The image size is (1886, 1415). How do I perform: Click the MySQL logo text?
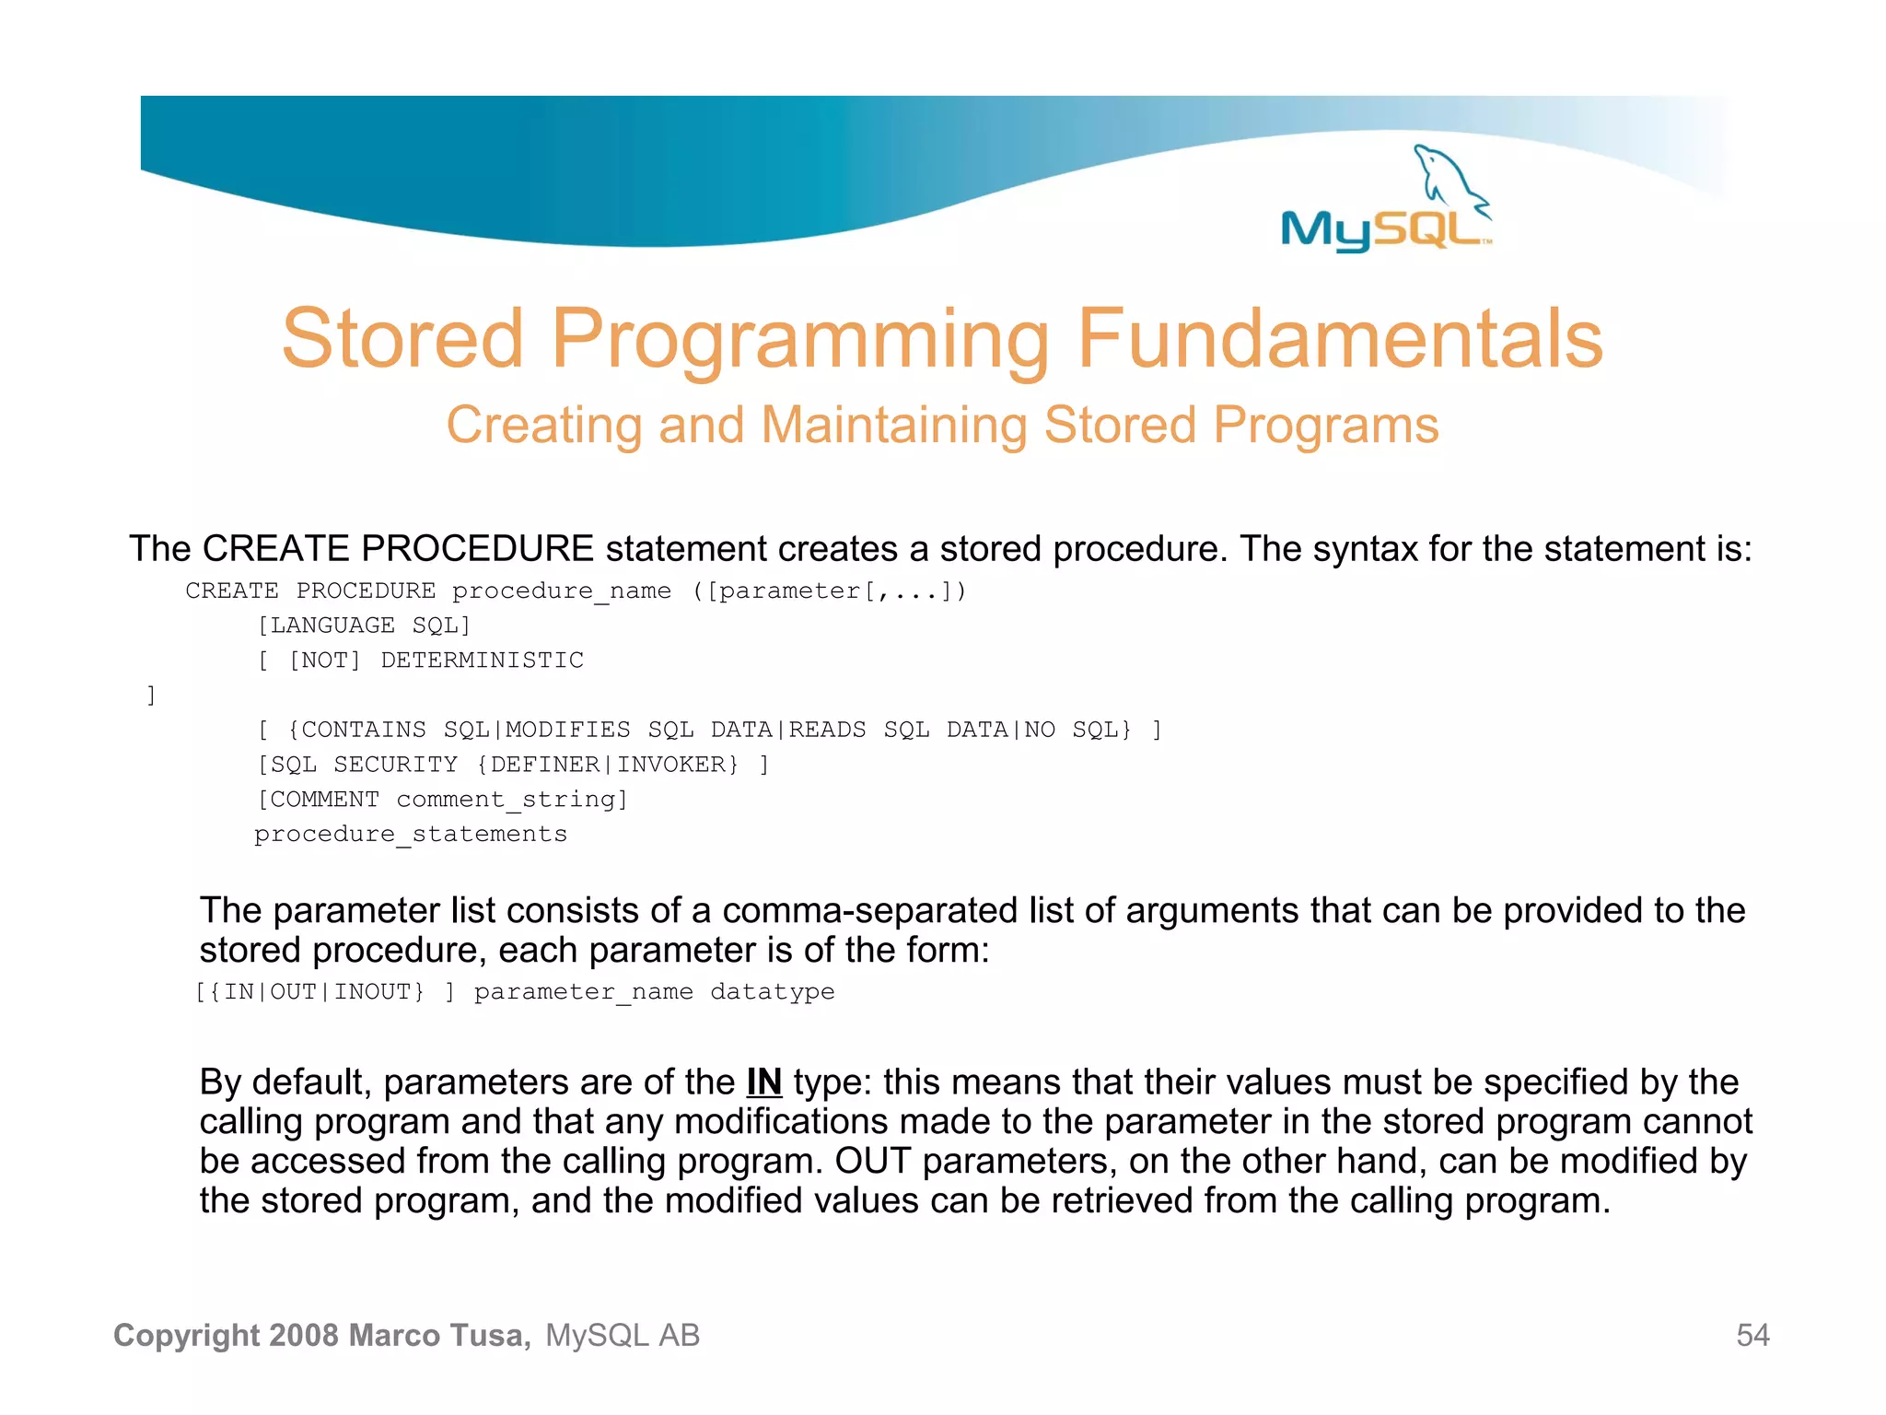pyautogui.click(x=1381, y=229)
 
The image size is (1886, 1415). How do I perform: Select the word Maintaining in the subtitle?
pyautogui.click(x=893, y=426)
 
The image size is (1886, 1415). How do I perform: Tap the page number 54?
pyautogui.click(x=1752, y=1335)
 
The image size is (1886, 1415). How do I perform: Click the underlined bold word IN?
pyautogui.click(x=763, y=1082)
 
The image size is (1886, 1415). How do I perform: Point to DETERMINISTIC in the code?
pyautogui.click(x=482, y=661)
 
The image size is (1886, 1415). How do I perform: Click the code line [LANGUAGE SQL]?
pyautogui.click(x=364, y=626)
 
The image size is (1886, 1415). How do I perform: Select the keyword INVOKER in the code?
pyautogui.click(x=677, y=765)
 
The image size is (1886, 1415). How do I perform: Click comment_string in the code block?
pyautogui.click(x=511, y=800)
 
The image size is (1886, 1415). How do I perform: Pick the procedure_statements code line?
pyautogui.click(x=411, y=835)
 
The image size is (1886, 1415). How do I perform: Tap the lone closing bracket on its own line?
pyautogui.click(x=151, y=696)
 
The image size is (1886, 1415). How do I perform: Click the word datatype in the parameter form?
pyautogui.click(x=772, y=992)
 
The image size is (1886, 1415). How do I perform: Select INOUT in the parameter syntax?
pyautogui.click(x=378, y=992)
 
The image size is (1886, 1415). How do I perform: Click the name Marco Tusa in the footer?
pyautogui.click(x=439, y=1335)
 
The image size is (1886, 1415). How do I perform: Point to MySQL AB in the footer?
pyautogui.click(x=623, y=1335)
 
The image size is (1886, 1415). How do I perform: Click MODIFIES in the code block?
pyautogui.click(x=568, y=730)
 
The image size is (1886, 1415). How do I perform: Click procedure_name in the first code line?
pyautogui.click(x=561, y=591)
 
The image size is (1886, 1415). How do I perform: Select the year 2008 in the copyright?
pyautogui.click(x=305, y=1335)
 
